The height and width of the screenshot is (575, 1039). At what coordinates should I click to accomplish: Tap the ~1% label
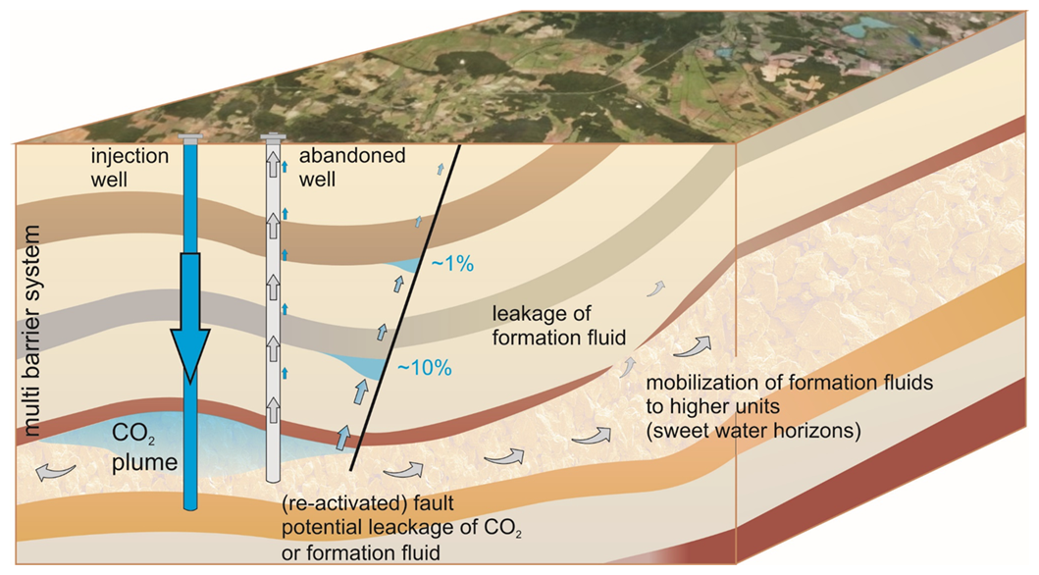click(x=452, y=264)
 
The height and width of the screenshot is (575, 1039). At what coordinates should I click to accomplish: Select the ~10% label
click(x=424, y=368)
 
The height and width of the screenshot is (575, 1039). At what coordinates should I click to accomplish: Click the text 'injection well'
click(x=130, y=168)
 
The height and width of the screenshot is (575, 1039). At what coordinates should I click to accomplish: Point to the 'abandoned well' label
click(x=352, y=168)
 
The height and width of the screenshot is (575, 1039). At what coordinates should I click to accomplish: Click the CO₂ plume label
click(x=144, y=447)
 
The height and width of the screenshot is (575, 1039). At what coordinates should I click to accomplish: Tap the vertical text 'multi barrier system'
click(x=30, y=331)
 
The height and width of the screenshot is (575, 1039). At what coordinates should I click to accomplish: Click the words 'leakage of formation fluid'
click(x=558, y=325)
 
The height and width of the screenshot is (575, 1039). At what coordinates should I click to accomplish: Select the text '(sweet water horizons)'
click(x=753, y=431)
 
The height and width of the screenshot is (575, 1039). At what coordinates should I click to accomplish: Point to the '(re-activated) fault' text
click(x=368, y=503)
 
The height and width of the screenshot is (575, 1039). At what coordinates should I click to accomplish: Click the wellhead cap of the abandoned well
click(x=273, y=138)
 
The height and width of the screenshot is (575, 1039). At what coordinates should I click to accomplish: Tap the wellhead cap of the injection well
click(x=190, y=138)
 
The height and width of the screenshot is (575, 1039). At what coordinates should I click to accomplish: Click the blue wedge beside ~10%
click(x=362, y=366)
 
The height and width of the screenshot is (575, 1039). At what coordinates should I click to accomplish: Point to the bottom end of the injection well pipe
click(x=190, y=507)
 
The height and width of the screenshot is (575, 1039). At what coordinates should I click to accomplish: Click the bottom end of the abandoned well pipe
click(x=273, y=479)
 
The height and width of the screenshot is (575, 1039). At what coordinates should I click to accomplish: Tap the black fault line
click(x=405, y=308)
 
